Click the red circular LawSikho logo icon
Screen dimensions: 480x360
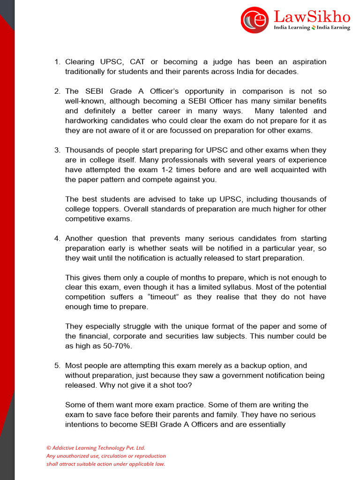click(255, 20)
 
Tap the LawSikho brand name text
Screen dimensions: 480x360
click(312, 17)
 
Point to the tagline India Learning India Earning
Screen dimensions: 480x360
click(312, 28)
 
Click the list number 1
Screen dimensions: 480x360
click(57, 62)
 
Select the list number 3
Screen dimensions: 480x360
click(57, 150)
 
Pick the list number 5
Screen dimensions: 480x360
click(57, 365)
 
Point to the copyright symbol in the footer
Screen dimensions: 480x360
click(48, 448)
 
